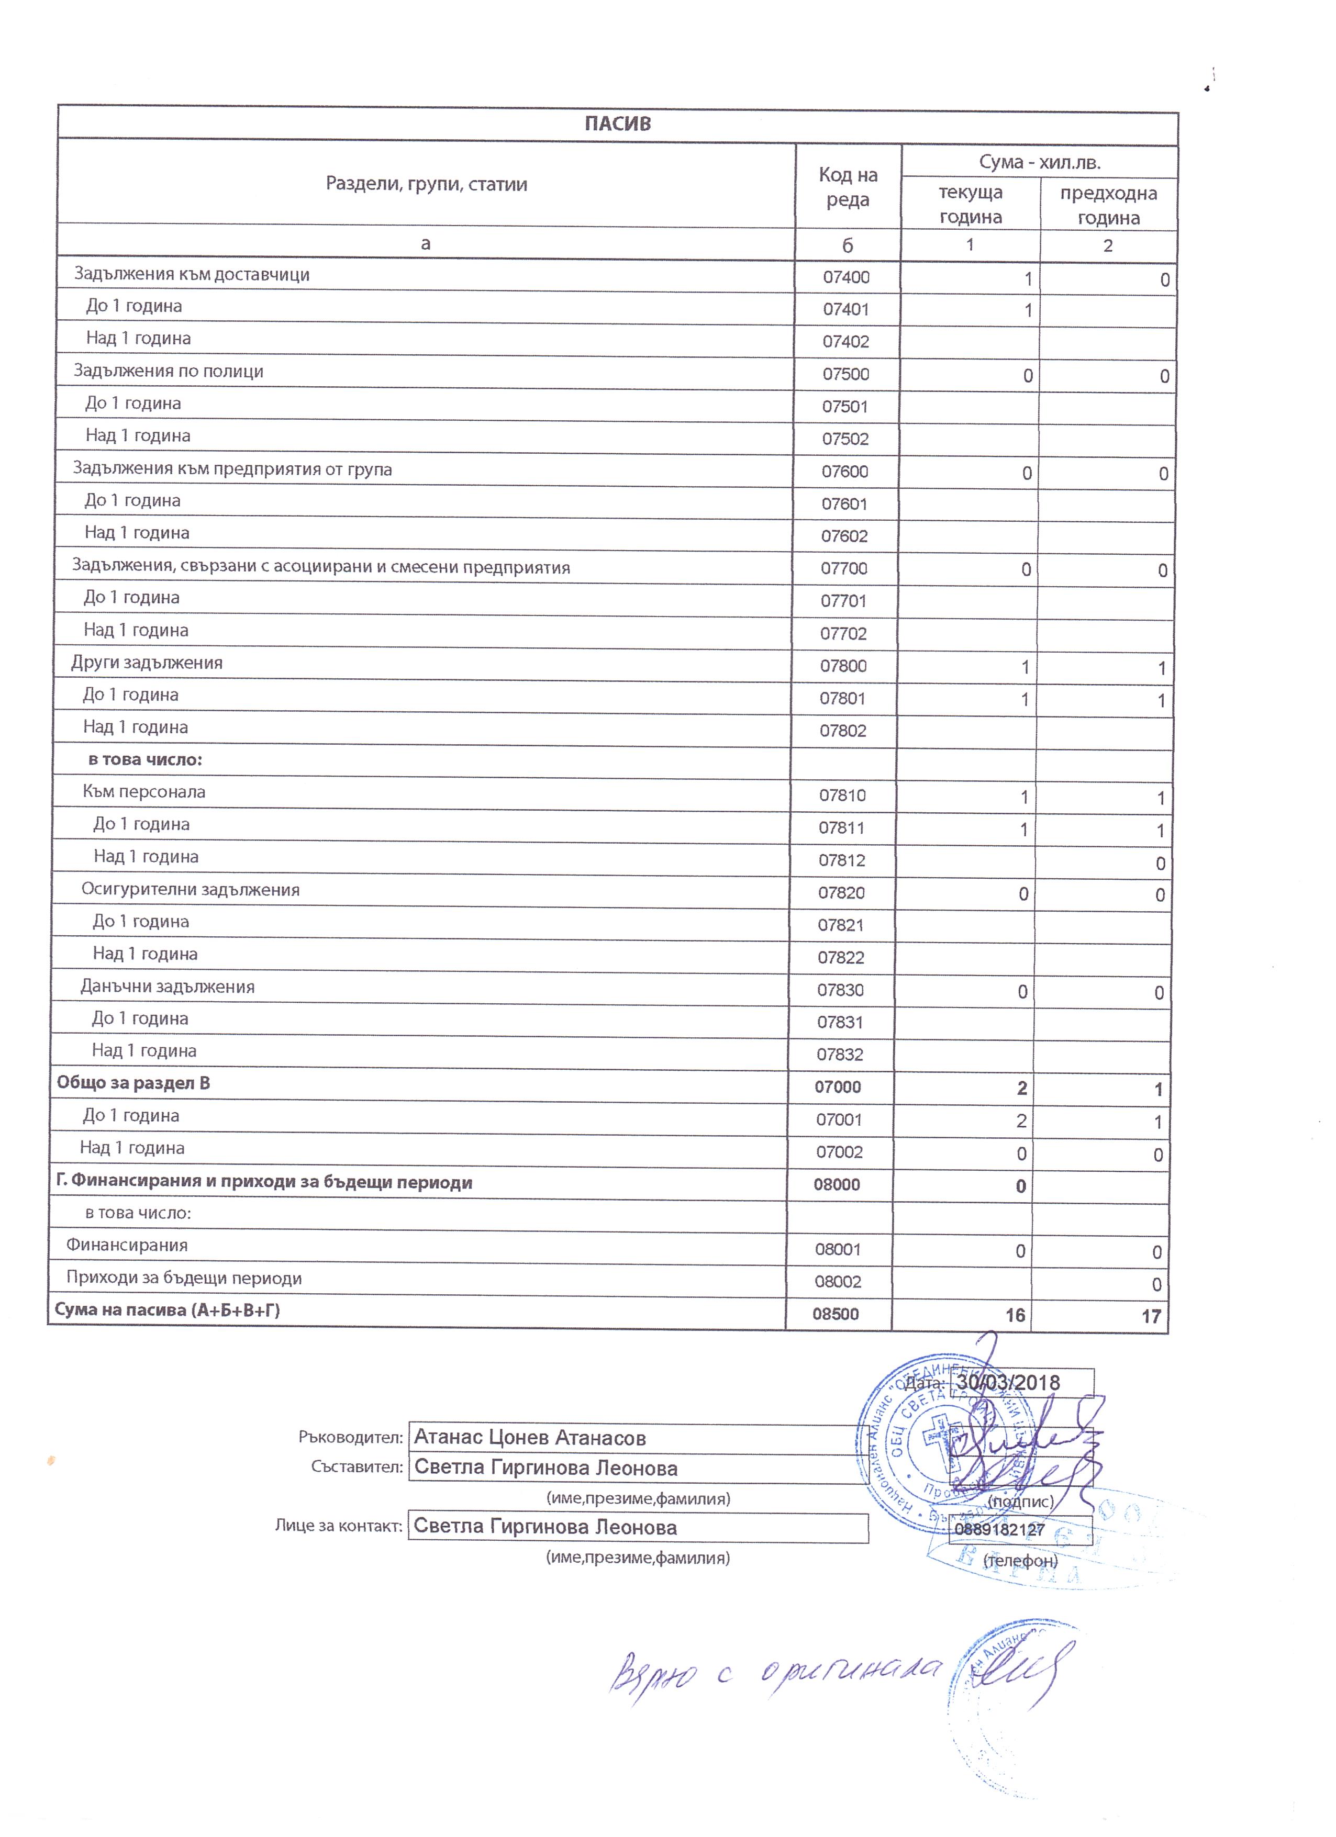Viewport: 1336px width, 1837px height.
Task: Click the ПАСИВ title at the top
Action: [x=617, y=124]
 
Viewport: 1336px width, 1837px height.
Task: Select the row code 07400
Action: [x=846, y=277]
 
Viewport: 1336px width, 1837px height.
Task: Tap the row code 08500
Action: [x=836, y=1314]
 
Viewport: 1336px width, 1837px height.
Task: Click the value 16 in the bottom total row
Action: [x=1015, y=1315]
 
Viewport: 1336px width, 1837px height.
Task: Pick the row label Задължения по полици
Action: [x=169, y=371]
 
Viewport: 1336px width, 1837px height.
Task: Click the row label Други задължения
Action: [x=147, y=663]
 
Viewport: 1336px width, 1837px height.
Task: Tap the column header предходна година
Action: [x=1108, y=205]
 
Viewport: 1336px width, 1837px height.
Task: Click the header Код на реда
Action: [x=848, y=187]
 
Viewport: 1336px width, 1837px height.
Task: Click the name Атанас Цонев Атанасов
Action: [x=530, y=1438]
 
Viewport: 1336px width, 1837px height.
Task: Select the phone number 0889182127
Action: [x=999, y=1530]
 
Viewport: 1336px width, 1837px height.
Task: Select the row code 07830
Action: [x=840, y=990]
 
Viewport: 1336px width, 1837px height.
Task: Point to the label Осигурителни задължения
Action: [x=191, y=889]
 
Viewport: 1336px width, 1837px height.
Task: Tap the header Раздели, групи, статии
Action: [x=426, y=184]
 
